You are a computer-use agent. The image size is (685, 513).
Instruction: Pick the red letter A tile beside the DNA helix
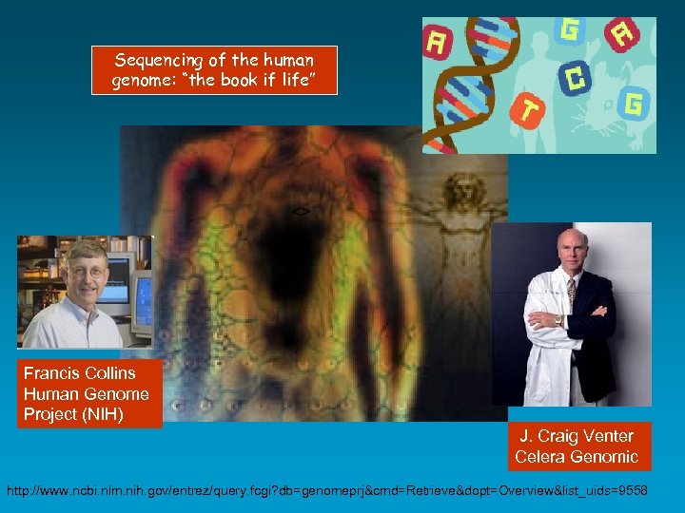coord(439,44)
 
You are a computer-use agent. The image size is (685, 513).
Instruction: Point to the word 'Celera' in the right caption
coord(542,457)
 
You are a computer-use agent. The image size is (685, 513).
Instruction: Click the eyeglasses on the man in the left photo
coord(87,271)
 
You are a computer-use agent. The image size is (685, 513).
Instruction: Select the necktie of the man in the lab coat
coord(571,294)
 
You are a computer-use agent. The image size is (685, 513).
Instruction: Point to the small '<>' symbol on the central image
coord(300,209)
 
